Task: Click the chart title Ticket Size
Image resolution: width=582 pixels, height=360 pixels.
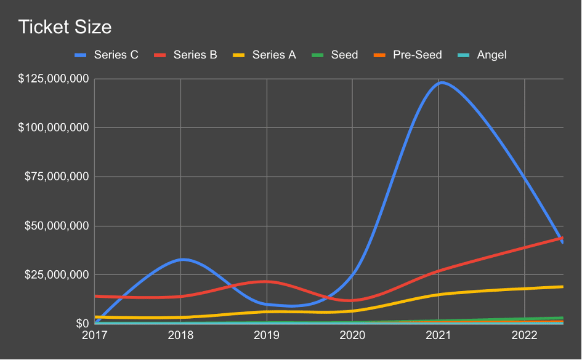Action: coord(65,28)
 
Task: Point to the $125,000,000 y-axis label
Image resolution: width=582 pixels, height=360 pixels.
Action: coord(54,79)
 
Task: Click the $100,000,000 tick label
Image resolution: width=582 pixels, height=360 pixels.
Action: coord(54,128)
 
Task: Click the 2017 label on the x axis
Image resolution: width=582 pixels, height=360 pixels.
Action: coord(95,335)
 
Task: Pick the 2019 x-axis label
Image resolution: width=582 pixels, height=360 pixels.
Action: coord(267,335)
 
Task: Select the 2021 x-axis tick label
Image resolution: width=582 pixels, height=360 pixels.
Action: coord(438,335)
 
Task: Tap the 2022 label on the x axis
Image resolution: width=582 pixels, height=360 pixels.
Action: coord(523,335)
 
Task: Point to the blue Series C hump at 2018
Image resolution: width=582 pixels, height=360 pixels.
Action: coord(182,259)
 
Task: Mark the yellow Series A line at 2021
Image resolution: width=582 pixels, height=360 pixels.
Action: coord(438,294)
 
